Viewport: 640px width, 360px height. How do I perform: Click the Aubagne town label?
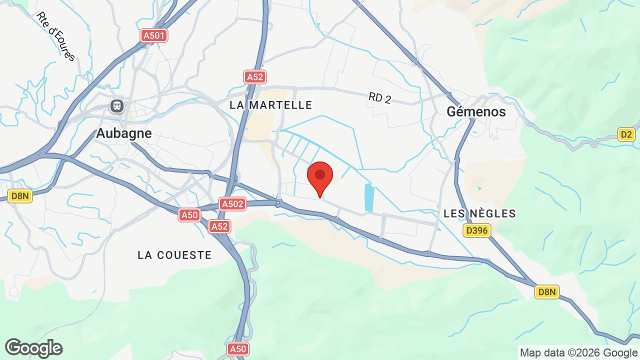coord(123,133)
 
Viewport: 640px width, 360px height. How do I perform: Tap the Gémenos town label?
coord(476,111)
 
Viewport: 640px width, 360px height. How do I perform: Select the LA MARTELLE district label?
coord(271,105)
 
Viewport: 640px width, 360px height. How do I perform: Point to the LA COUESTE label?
coord(174,255)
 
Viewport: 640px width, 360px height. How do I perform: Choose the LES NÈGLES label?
coord(479,214)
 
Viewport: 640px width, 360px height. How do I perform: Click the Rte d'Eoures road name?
coord(56,36)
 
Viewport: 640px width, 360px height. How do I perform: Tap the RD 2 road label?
coord(380,97)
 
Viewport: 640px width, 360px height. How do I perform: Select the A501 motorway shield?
coord(154,35)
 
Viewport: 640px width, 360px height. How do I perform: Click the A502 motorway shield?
coord(232,203)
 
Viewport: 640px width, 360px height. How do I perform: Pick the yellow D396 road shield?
coord(477,230)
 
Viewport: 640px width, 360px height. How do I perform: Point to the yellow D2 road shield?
coord(625,134)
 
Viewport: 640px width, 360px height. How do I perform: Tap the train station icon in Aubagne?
coord(117,106)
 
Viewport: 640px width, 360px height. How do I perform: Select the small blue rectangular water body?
coord(369,197)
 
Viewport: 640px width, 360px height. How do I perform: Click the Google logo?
coord(33,348)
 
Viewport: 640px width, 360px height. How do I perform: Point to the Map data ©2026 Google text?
coord(578,352)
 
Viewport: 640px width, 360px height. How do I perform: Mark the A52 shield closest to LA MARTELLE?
coord(255,77)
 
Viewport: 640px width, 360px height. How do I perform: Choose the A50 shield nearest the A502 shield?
coord(189,215)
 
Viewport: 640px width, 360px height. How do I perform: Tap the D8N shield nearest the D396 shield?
coord(546,292)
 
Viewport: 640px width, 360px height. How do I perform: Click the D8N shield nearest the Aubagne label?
coord(20,196)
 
